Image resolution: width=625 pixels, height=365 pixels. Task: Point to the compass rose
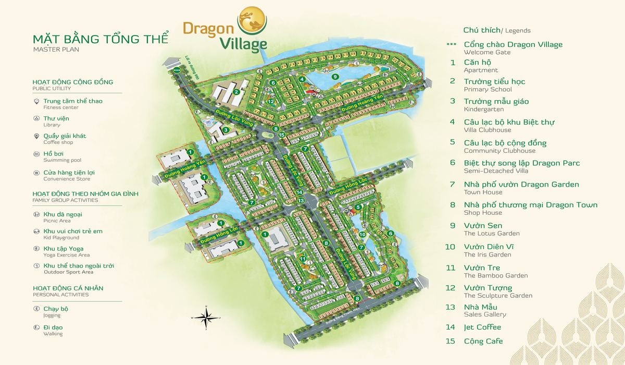[206, 317]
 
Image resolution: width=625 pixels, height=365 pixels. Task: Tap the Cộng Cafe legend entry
[483, 341]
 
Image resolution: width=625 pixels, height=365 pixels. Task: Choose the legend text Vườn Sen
[483, 225]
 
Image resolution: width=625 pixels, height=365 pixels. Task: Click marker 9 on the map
[335, 77]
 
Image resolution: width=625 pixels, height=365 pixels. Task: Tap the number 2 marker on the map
[236, 92]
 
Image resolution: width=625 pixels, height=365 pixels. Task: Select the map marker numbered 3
[226, 130]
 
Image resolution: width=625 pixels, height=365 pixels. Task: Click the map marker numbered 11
[302, 258]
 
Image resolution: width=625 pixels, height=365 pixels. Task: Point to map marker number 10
[362, 235]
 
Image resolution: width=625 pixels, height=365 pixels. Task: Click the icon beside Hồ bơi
[36, 154]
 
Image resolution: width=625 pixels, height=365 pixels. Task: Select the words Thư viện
[56, 118]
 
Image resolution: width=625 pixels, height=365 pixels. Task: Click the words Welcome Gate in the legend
[487, 53]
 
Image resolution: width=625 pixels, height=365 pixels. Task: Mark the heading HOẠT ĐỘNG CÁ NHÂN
[68, 288]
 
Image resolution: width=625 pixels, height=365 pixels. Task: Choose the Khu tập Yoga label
[64, 249]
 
